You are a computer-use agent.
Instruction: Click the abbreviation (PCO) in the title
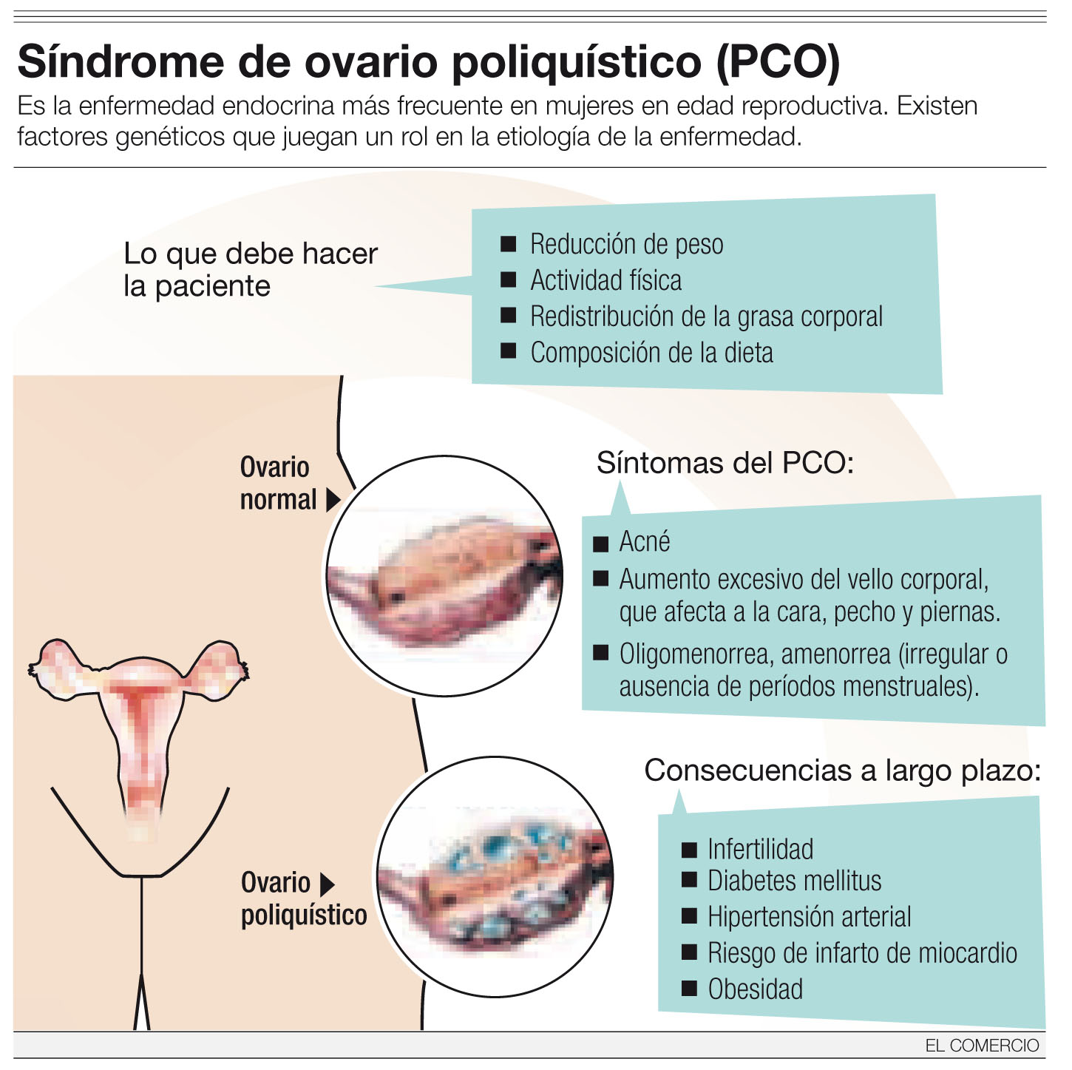coord(778,62)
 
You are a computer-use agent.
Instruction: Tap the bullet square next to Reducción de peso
coord(508,243)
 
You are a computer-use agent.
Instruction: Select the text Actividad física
coord(605,280)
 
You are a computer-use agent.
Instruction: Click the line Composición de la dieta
coord(651,353)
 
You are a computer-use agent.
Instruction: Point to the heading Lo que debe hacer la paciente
coord(250,270)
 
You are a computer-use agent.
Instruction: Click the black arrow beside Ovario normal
coord(333,500)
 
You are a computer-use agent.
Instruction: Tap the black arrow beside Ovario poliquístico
coord(327,884)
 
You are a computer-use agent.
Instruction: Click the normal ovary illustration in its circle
coord(444,576)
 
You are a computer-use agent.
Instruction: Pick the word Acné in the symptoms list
coord(644,542)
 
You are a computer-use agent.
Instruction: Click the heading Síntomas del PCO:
coord(725,464)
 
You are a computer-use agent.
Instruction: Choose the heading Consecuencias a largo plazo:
coord(842,771)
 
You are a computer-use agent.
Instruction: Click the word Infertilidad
coord(760,849)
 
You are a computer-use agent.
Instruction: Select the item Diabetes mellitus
coord(794,881)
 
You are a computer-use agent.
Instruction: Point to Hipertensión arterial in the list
coord(809,917)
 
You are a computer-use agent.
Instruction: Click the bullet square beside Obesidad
coord(689,989)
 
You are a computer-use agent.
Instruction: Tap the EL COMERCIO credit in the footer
coord(982,1046)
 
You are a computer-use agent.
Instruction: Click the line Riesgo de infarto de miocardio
coord(862,953)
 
